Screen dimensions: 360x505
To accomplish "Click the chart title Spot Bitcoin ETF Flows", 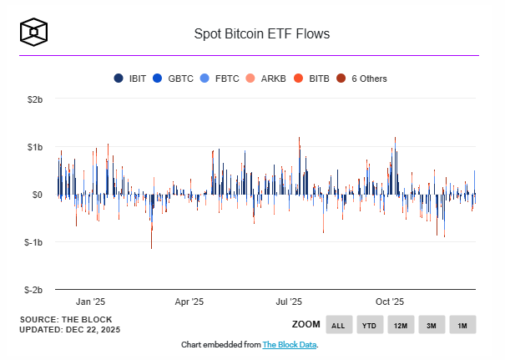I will pos(261,34).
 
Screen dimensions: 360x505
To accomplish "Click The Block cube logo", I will pos(33,33).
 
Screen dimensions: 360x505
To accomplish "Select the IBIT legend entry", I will pos(131,79).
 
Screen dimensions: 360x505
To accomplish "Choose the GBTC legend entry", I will pos(174,79).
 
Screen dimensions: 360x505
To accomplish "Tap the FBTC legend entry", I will pos(220,79).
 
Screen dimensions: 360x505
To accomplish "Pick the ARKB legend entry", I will pos(266,79).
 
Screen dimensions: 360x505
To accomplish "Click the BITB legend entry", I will pos(312,79).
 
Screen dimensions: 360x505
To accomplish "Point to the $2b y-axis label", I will pos(33,99).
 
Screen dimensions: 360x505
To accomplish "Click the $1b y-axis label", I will pos(33,147).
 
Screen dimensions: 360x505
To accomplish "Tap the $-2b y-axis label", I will pos(32,290).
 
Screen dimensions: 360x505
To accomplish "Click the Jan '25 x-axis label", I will pos(90,302).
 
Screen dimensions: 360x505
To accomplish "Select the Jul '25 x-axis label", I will pos(290,302).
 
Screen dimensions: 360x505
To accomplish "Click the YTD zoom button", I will pos(370,325).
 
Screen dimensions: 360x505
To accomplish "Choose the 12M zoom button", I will pos(401,325).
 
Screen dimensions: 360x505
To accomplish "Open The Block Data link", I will pos(289,345).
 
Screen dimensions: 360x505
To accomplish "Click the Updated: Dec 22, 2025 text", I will pos(71,329).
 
